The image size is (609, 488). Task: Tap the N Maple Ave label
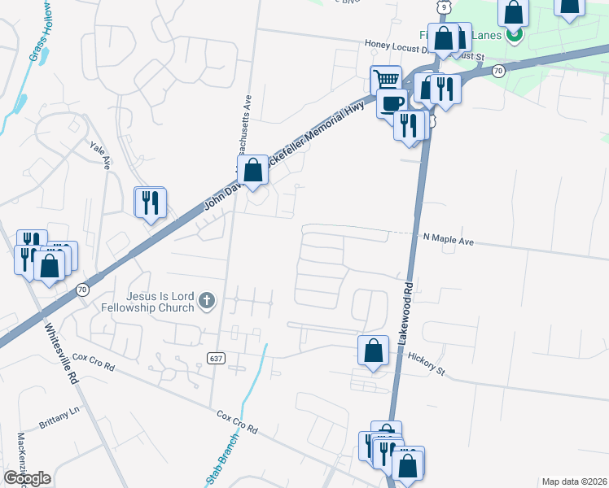(448, 240)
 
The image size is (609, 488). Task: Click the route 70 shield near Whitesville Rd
(82, 290)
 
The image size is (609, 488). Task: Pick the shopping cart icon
(386, 80)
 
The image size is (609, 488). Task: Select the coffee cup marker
(392, 102)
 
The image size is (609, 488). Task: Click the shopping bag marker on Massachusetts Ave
(253, 170)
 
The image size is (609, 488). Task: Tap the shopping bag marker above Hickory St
(372, 351)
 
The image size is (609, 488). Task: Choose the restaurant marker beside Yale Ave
(150, 202)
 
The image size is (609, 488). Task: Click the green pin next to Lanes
(514, 35)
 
